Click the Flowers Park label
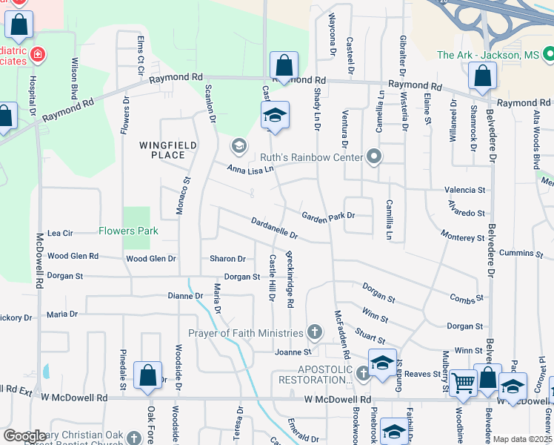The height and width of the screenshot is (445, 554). tap(129, 231)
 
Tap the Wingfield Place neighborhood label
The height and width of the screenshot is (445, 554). tap(162, 150)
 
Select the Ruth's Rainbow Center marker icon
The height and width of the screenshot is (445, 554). tap(374, 156)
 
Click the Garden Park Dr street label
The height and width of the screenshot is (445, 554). tap(328, 216)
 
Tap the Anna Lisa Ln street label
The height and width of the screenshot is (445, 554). tap(250, 169)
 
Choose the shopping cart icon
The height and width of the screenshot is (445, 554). tap(464, 383)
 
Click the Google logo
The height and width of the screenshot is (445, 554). tap(24, 435)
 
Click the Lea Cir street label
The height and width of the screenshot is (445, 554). tap(60, 233)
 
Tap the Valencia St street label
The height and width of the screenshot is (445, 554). tap(464, 190)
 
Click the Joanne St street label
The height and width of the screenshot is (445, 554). tap(293, 352)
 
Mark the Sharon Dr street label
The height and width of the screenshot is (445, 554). tap(227, 259)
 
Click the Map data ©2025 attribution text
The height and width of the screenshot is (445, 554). tap(522, 439)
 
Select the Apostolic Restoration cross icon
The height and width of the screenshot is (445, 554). tap(363, 373)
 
